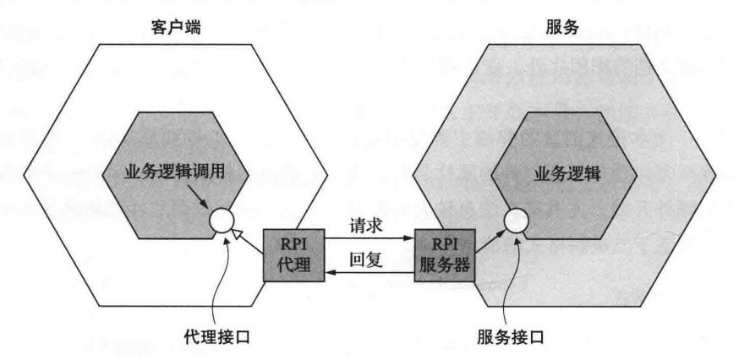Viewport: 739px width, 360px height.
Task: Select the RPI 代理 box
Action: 288,254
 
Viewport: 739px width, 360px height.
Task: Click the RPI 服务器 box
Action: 442,254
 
